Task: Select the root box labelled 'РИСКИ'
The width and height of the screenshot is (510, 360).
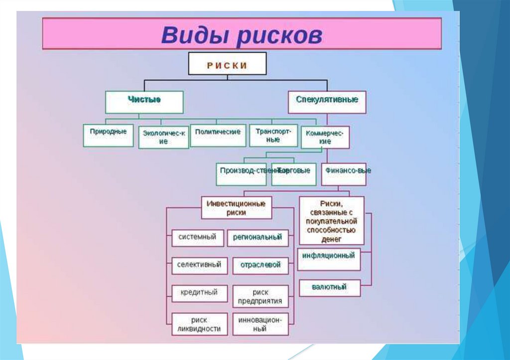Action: tap(227, 65)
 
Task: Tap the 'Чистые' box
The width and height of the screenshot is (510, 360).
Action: tap(144, 102)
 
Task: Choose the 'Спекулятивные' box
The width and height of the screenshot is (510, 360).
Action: tap(327, 102)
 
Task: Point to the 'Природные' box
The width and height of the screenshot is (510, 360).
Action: tap(108, 135)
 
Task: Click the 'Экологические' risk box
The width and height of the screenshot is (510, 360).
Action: tap(163, 137)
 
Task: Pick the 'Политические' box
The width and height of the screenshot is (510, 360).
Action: tap(218, 135)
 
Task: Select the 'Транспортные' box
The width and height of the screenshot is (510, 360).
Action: tap(273, 135)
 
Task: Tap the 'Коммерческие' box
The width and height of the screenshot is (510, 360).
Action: tap(325, 137)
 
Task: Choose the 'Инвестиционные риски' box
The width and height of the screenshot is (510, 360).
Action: tap(237, 207)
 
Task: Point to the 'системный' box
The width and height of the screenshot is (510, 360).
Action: tap(198, 238)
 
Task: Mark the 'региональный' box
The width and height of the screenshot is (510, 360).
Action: tap(257, 238)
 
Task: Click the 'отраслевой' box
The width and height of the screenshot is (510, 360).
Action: tap(260, 265)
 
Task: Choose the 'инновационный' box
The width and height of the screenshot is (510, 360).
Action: tap(260, 324)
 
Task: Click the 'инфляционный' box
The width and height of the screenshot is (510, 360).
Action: tap(329, 259)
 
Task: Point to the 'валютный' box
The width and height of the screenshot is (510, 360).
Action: tap(329, 288)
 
